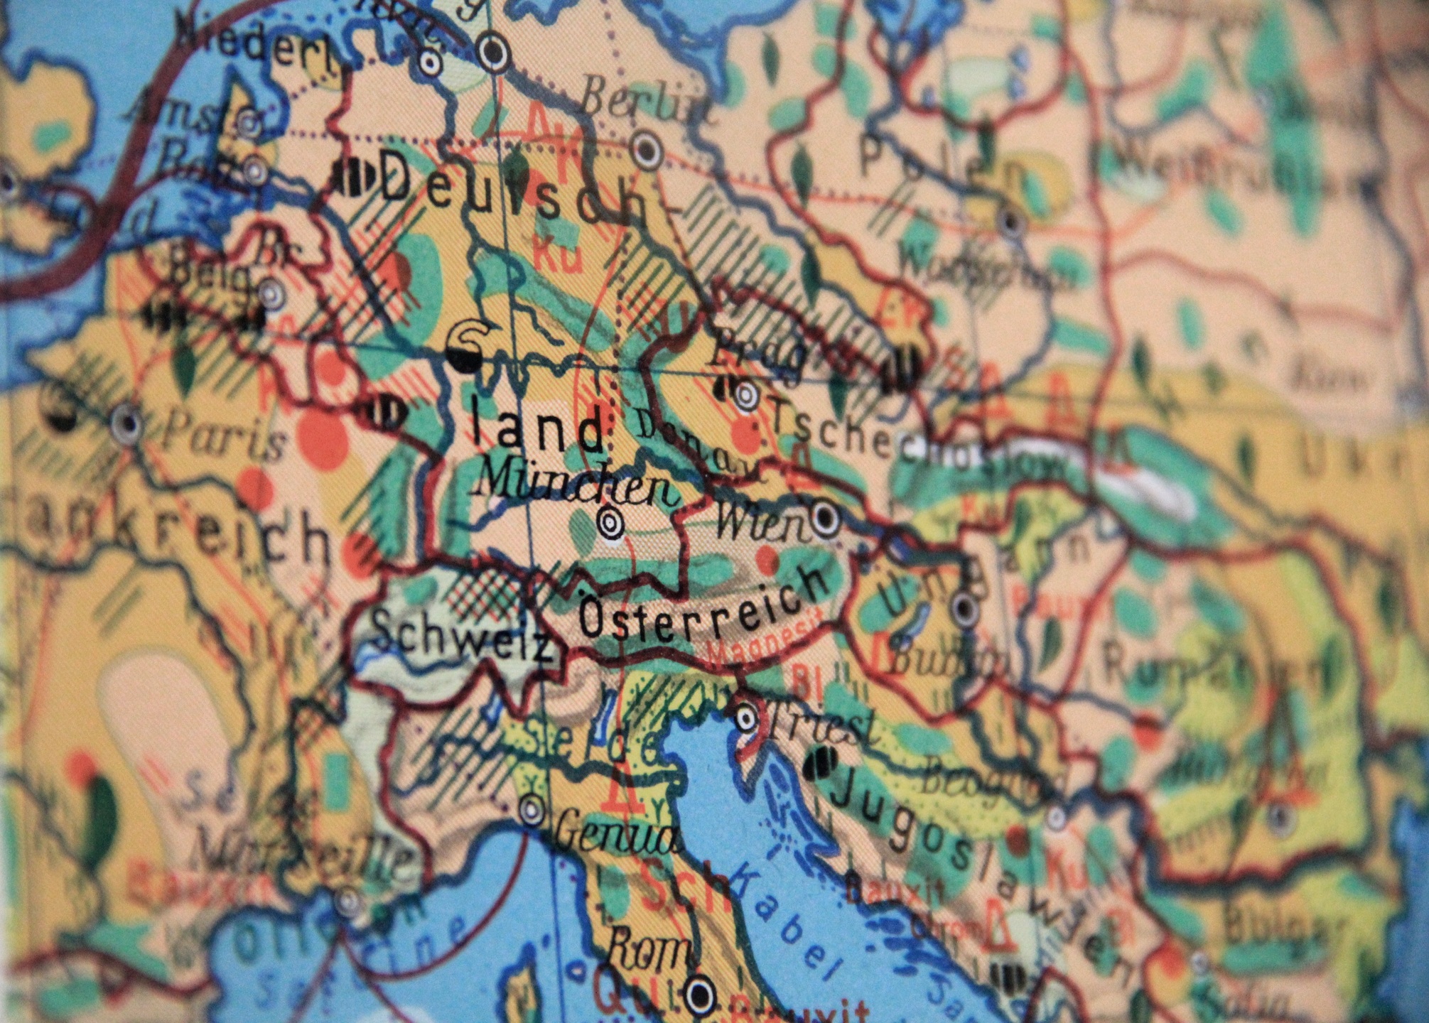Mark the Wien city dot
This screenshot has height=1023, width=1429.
coord(824,518)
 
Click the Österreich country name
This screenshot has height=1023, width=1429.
coord(703,608)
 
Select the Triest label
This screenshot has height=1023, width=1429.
coord(824,725)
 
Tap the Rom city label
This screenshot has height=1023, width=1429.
coord(650,949)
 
